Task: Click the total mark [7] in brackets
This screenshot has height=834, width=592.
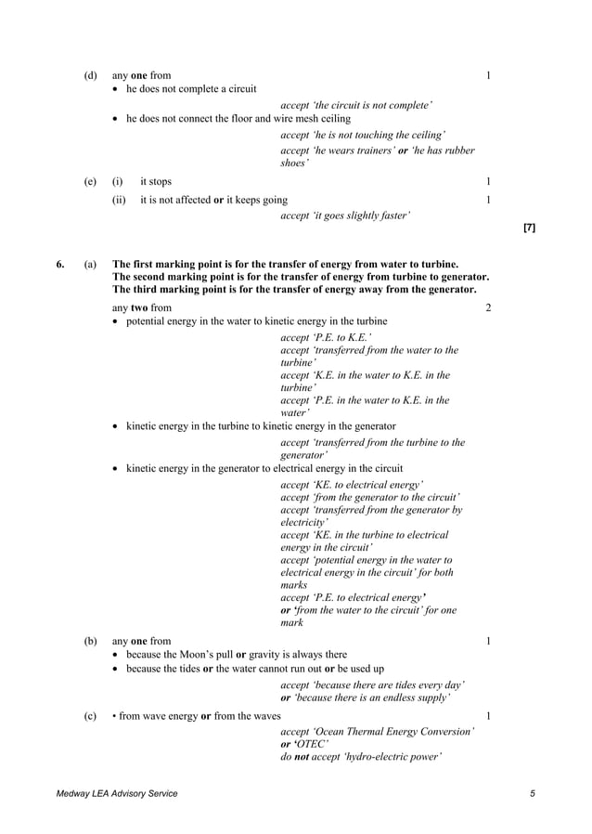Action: coord(529,227)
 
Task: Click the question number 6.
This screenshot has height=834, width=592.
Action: coord(59,265)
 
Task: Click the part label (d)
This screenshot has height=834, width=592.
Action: coord(90,75)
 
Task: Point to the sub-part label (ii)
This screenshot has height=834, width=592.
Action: coord(118,200)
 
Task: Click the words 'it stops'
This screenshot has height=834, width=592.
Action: coord(156,182)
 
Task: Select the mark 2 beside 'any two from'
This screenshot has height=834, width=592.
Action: coord(488,307)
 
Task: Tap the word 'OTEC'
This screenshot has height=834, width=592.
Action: coord(311,744)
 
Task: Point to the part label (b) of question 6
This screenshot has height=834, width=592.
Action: coord(90,641)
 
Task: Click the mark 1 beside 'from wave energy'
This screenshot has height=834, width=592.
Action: coord(488,716)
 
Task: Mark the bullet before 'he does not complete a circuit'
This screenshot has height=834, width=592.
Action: coord(116,89)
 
